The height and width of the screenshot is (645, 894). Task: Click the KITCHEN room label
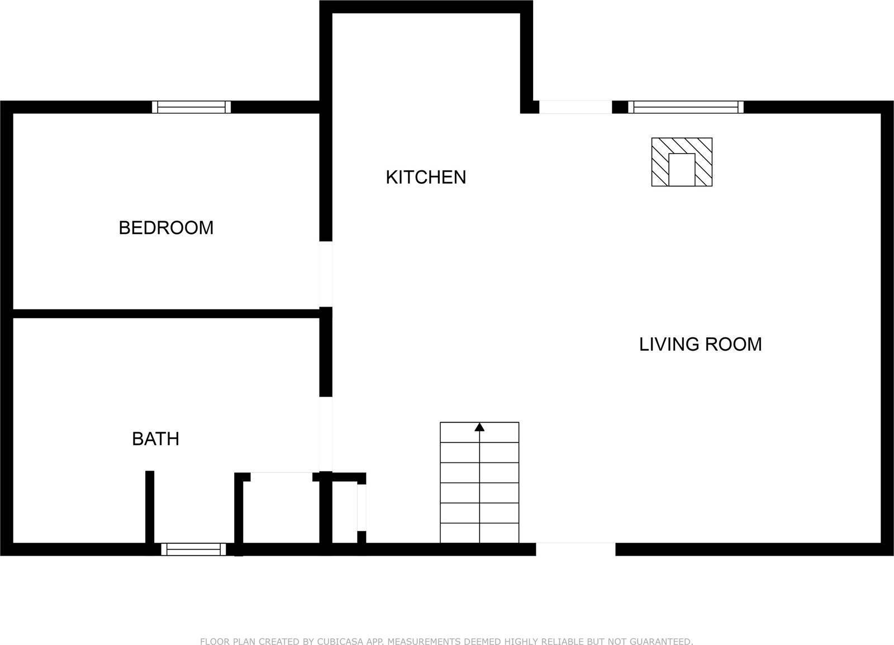[x=426, y=177]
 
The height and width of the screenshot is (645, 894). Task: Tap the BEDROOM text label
[x=166, y=228]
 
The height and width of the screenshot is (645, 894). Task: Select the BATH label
[x=156, y=439]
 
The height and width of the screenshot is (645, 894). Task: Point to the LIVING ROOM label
[x=701, y=344]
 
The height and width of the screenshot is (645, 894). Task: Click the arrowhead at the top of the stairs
[x=479, y=427]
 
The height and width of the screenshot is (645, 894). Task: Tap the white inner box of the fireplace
[x=682, y=170]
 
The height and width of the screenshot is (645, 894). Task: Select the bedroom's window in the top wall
[x=191, y=107]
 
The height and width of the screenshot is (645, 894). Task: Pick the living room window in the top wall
[x=686, y=107]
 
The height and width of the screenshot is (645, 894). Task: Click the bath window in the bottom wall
[x=193, y=550]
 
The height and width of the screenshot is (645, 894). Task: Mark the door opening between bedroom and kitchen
[x=326, y=274]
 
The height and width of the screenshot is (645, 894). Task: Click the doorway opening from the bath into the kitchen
[x=326, y=434]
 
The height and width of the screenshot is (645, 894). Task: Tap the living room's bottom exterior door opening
[x=576, y=550]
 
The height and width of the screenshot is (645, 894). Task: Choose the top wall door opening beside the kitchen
[x=576, y=107]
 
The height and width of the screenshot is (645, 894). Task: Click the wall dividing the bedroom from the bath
[x=166, y=313]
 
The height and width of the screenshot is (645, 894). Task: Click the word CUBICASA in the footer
[x=340, y=642]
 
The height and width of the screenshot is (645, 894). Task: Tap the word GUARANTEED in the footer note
[x=660, y=642]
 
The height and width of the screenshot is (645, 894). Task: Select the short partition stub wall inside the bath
[x=150, y=507]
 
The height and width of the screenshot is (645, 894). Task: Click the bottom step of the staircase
[x=479, y=533]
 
